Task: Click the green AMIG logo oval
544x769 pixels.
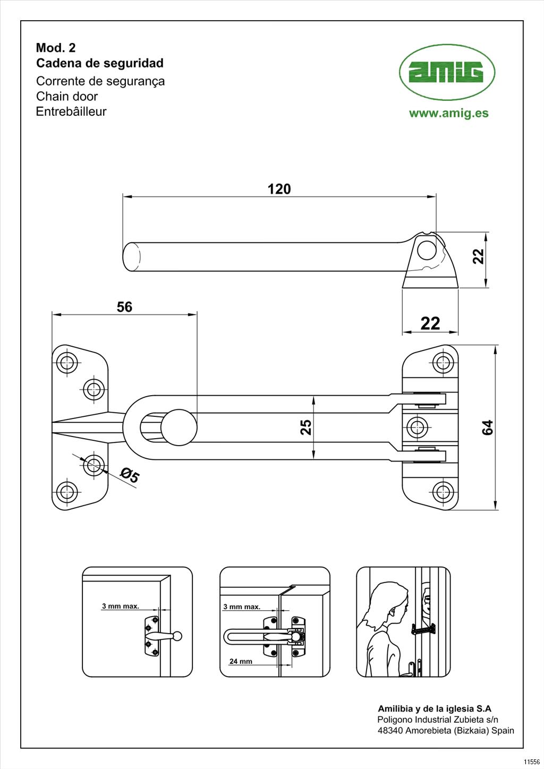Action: point(447,72)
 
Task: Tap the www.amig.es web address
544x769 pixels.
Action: point(448,113)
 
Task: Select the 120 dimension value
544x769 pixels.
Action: point(279,189)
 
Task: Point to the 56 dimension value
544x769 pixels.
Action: point(124,307)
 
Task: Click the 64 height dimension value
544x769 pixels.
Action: point(487,427)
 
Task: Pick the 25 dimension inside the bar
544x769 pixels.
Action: point(306,427)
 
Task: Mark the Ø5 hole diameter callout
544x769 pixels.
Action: point(129,475)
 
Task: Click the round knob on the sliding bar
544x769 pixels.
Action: point(178,427)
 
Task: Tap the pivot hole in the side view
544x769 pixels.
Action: point(427,250)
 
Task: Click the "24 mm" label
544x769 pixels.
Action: point(241,661)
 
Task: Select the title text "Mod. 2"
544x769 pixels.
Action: point(56,48)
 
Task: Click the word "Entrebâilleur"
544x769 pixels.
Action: point(71,112)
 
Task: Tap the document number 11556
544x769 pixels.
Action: point(531,762)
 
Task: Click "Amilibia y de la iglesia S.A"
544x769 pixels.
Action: point(434,708)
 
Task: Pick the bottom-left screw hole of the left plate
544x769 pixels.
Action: point(67,492)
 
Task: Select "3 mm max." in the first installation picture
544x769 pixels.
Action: point(121,606)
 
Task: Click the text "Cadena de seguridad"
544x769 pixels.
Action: point(100,63)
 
